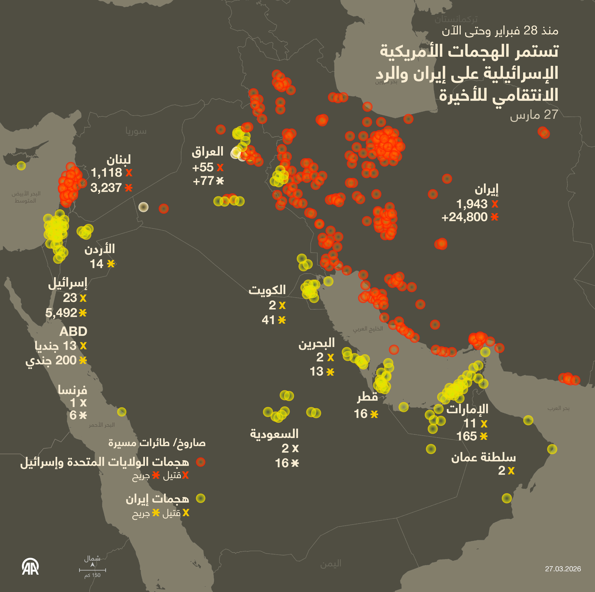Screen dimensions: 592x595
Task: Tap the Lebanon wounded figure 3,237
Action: [106, 188]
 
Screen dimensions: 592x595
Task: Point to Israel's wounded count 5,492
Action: [61, 313]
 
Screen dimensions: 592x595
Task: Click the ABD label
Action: [73, 332]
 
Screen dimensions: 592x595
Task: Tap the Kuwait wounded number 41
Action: [268, 320]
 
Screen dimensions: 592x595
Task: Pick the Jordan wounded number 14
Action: [96, 264]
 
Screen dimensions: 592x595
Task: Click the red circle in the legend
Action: [200, 462]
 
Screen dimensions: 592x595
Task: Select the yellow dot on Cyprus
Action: [21, 166]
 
